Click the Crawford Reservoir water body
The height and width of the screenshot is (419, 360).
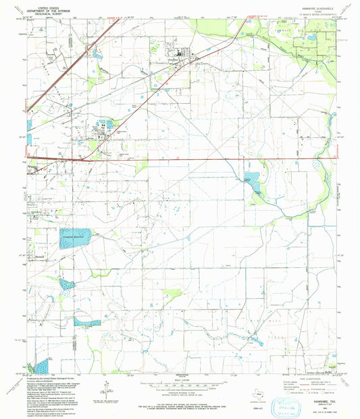pos(74,240)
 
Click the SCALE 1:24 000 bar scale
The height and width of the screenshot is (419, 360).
pos(180,384)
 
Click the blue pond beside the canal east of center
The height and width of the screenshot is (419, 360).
pos(251,180)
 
